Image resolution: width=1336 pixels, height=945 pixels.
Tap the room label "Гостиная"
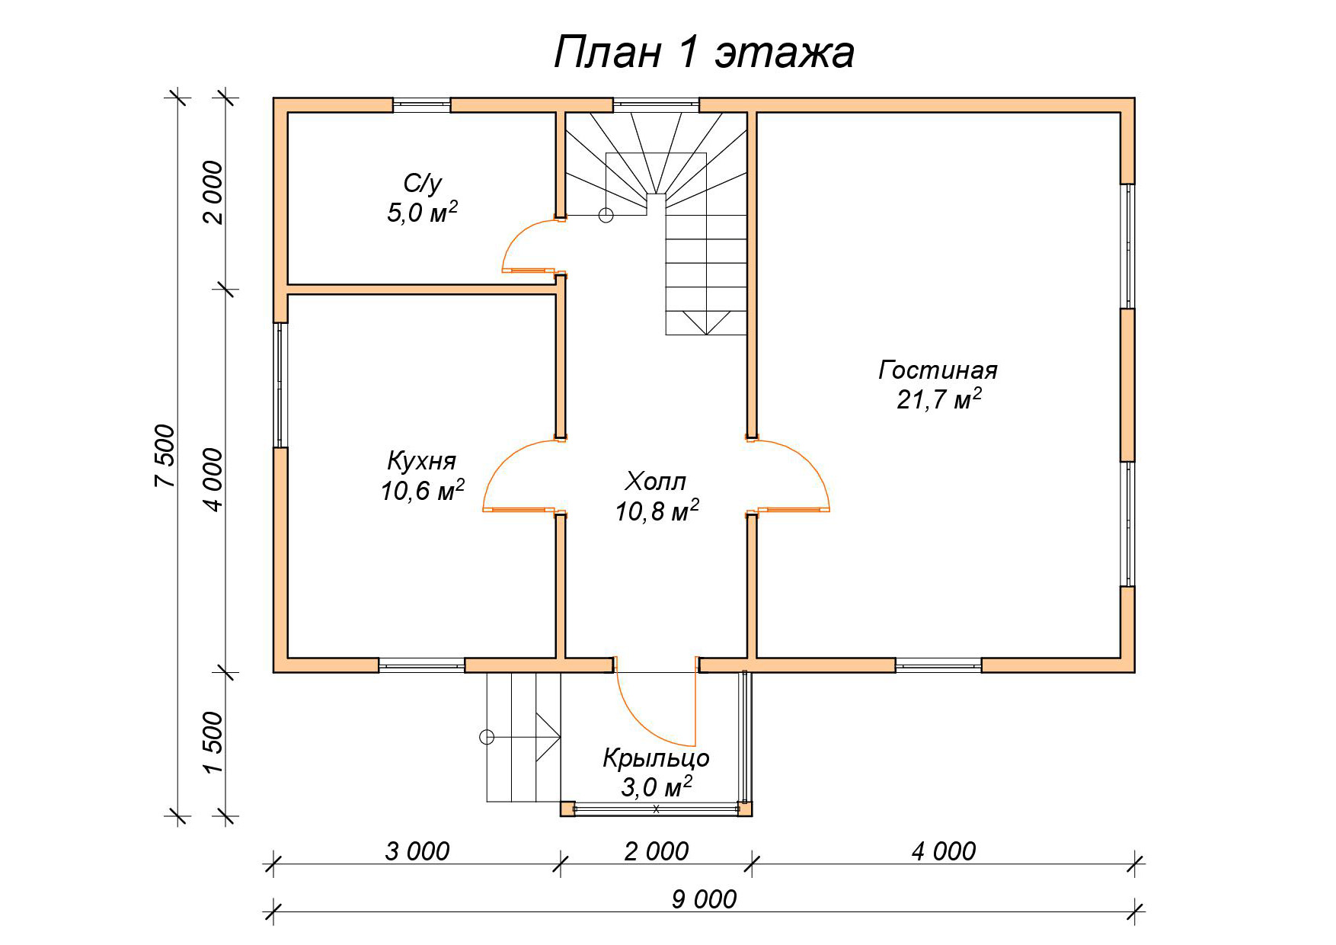point(938,370)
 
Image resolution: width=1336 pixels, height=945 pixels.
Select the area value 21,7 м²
point(938,399)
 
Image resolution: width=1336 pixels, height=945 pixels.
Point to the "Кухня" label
point(422,462)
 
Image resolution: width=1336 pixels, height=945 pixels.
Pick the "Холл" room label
point(656,482)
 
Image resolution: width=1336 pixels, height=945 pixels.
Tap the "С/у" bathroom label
point(422,183)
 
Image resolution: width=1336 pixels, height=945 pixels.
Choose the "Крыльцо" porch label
point(656,759)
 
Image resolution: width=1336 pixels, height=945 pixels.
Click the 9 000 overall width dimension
point(704,899)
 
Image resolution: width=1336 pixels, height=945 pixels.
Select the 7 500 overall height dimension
point(165,456)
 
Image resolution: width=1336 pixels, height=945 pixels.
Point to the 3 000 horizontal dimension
point(417,851)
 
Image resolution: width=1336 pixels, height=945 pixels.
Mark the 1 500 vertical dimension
point(213,742)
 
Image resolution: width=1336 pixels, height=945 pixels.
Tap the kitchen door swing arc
point(499,462)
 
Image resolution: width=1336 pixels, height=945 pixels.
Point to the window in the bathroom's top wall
point(421,105)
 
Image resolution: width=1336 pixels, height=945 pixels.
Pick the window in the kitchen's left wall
point(280,385)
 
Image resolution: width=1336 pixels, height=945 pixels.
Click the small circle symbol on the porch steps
point(486,737)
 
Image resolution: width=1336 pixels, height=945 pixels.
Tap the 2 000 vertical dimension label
point(213,192)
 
